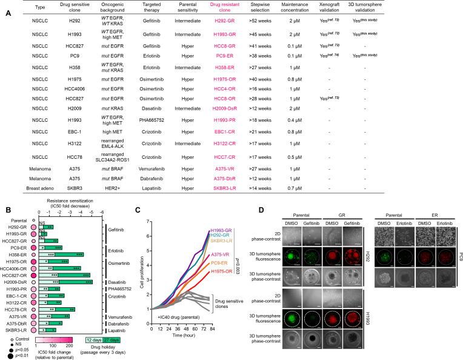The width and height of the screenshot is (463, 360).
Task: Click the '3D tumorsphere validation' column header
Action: coord(437,10)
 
